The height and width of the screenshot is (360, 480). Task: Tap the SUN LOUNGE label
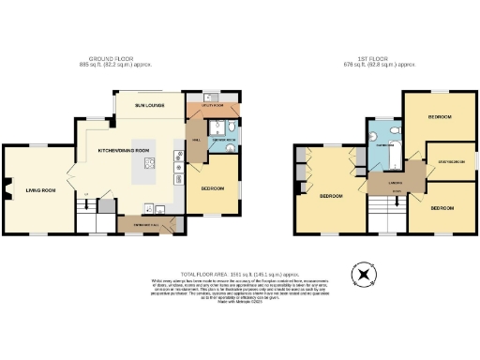[x=149, y=106]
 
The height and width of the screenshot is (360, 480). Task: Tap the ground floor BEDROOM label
[x=212, y=189]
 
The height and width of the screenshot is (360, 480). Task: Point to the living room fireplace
[x=6, y=193]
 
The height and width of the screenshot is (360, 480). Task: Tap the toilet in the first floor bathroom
[x=397, y=130]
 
